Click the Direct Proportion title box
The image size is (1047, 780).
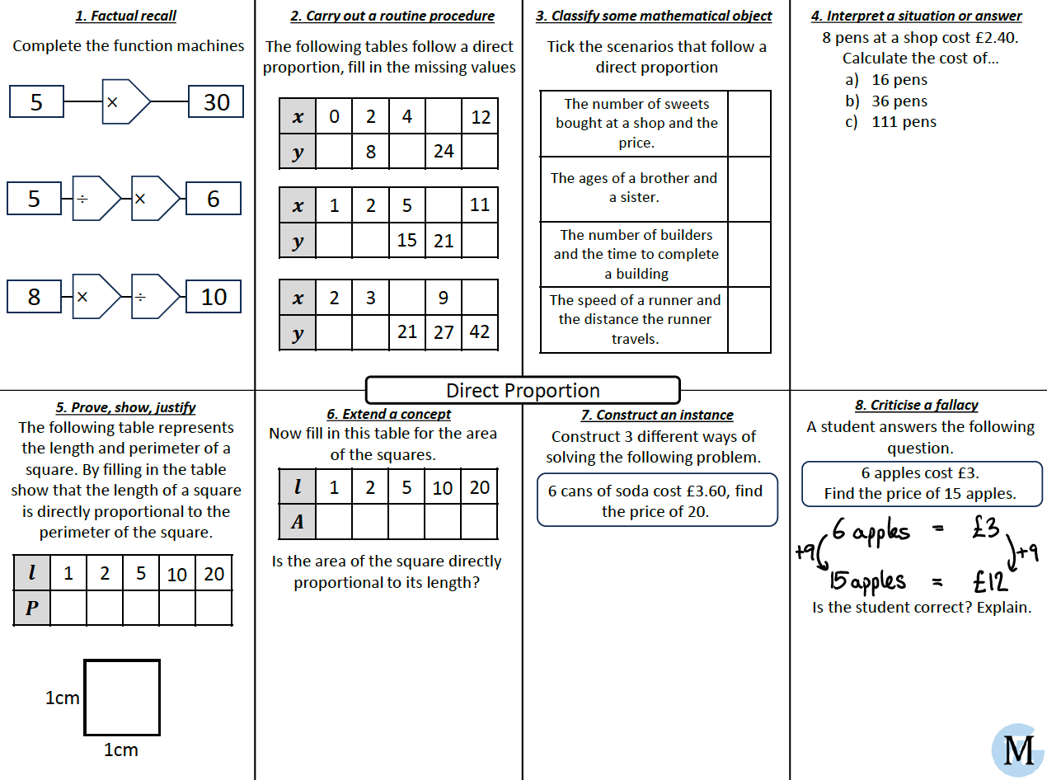(523, 390)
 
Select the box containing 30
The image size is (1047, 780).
(216, 102)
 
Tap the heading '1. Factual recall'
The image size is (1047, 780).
(125, 16)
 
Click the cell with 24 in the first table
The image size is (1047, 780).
(444, 151)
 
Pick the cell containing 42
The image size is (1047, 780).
(480, 331)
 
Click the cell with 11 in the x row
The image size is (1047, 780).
(480, 204)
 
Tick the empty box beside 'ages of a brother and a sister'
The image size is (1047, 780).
(749, 189)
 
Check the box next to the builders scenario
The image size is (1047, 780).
(749, 254)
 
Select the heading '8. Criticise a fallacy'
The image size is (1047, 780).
(916, 405)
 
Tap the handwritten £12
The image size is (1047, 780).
(990, 581)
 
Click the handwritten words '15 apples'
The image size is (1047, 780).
(867, 581)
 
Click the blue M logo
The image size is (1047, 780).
(1018, 750)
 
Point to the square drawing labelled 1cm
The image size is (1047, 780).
(122, 697)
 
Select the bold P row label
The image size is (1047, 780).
(32, 608)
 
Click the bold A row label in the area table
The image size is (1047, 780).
(298, 522)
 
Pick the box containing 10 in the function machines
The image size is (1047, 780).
(214, 297)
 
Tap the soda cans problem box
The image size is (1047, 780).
(656, 500)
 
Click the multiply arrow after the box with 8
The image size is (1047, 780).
(96, 297)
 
